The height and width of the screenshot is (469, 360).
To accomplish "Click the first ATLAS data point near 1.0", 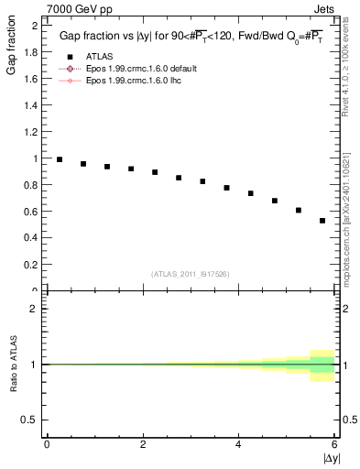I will pyautogui.click(x=60, y=159).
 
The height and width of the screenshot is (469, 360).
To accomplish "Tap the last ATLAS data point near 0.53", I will pyautogui.click(x=322, y=221).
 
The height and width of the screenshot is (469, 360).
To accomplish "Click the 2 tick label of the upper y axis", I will pyautogui.click(x=34, y=26).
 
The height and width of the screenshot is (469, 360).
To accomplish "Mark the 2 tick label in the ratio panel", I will pyautogui.click(x=34, y=309).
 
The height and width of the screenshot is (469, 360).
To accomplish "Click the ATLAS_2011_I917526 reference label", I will pyautogui.click(x=191, y=273).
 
